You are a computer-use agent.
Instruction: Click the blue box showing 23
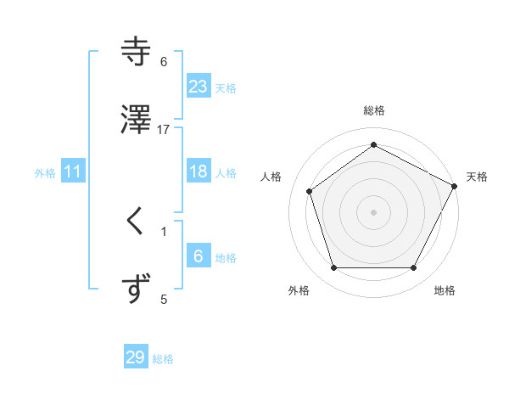(199, 86)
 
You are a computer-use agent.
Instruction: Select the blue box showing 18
(199, 171)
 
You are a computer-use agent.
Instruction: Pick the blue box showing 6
(199, 256)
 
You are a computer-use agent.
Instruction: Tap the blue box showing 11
(74, 171)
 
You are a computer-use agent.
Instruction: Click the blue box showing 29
(136, 357)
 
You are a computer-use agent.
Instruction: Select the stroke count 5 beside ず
(164, 299)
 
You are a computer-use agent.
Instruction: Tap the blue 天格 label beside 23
(226, 87)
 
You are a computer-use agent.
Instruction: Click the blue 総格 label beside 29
(163, 359)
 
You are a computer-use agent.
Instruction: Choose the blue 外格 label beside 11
(45, 173)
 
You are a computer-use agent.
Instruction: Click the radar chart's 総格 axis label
(373, 110)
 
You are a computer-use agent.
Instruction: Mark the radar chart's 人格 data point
(310, 191)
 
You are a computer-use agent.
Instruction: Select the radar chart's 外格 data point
(333, 268)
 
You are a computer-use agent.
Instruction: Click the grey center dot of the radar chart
(373, 211)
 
